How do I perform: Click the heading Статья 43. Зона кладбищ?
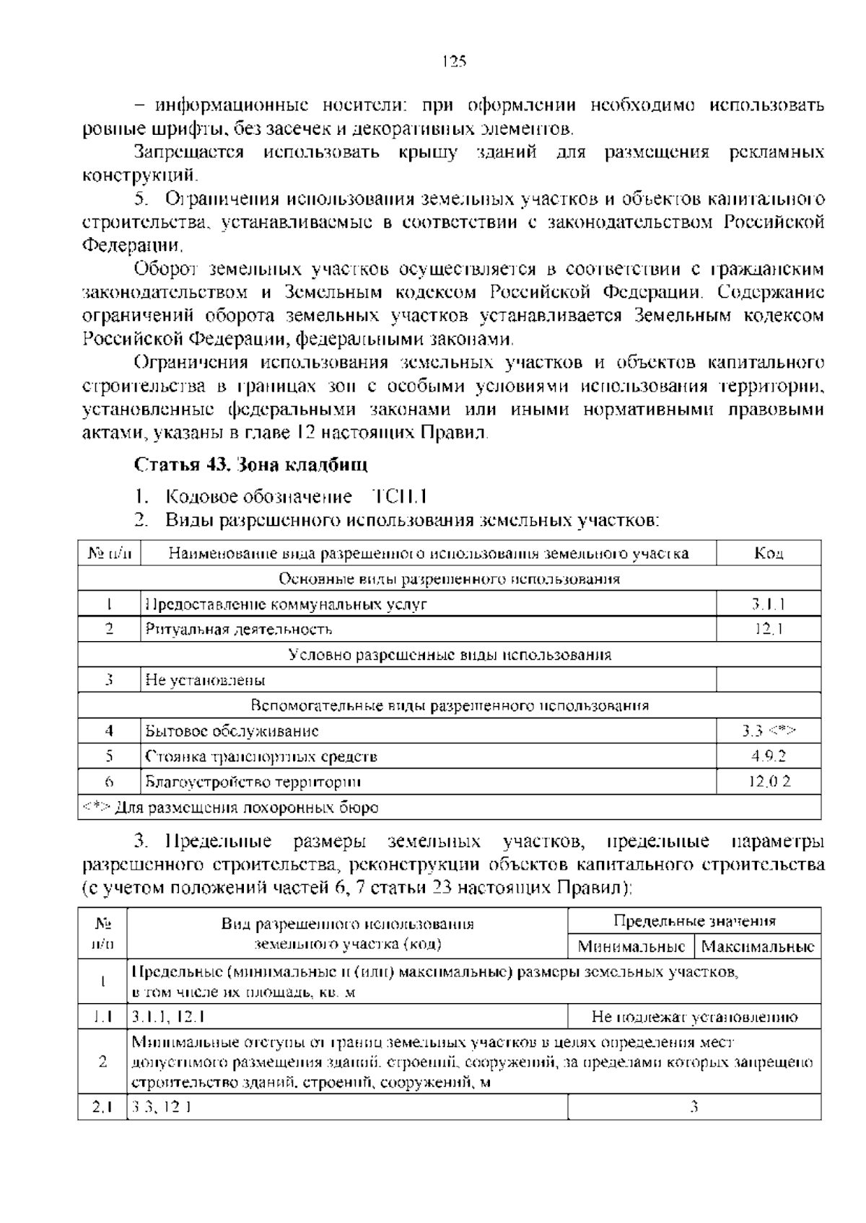point(251,465)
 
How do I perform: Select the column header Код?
point(769,553)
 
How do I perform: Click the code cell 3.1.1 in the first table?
point(769,604)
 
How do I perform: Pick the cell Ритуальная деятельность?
point(239,630)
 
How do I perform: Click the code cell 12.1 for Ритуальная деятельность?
point(769,630)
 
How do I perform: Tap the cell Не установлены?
point(205,680)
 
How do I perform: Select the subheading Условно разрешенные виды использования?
point(449,655)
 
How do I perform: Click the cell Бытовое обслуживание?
point(232,731)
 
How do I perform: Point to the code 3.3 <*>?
point(769,731)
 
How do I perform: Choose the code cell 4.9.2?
point(769,756)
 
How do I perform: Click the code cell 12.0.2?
point(769,782)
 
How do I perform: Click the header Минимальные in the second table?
point(631,946)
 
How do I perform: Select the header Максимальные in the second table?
point(758,946)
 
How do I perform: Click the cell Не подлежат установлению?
point(694,1017)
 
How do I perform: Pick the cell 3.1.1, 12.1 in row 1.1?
point(168,1017)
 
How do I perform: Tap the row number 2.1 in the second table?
point(102,1107)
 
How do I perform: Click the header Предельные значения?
point(694,921)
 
